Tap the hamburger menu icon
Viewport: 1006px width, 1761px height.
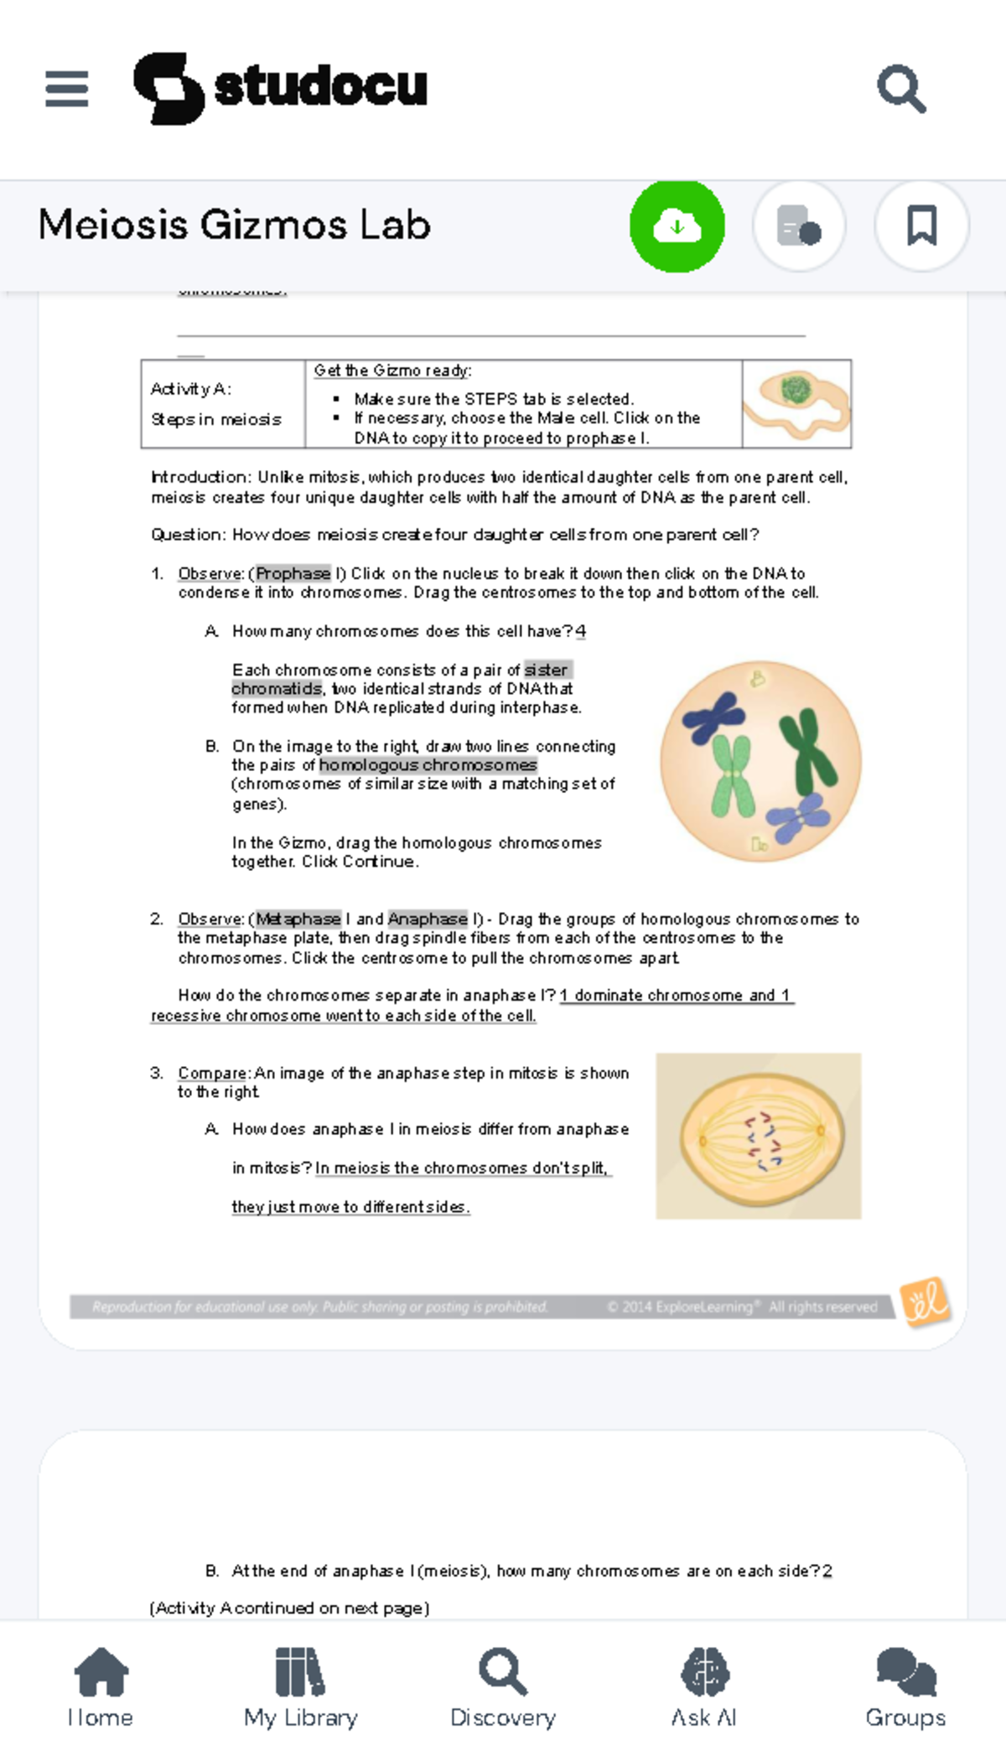click(x=67, y=89)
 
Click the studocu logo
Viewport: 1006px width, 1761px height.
click(x=281, y=87)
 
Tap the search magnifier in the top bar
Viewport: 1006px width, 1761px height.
click(x=901, y=88)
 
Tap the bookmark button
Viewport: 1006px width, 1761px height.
click(x=921, y=225)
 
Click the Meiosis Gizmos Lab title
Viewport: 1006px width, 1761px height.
click(x=235, y=225)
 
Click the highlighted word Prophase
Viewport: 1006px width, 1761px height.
click(x=293, y=573)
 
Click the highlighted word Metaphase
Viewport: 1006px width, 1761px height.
click(x=298, y=919)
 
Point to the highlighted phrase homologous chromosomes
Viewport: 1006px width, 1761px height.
click(x=428, y=764)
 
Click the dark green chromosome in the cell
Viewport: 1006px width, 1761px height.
click(x=806, y=750)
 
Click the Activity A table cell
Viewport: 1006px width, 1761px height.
click(x=223, y=404)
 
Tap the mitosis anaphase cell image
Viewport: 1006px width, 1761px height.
click(x=758, y=1135)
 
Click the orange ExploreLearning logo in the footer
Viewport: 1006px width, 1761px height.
click(x=925, y=1302)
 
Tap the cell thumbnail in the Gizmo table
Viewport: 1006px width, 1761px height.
click(x=796, y=404)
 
